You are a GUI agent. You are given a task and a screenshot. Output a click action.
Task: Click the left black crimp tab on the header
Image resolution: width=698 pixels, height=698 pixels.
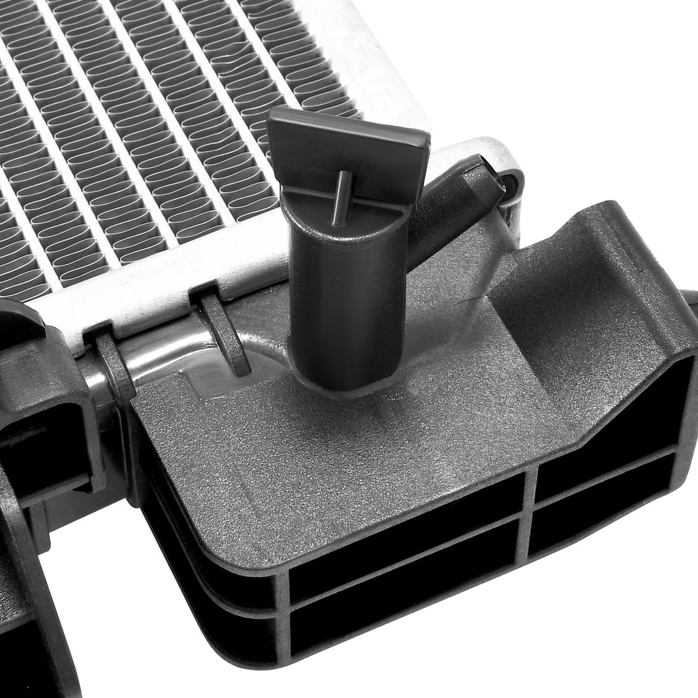113,364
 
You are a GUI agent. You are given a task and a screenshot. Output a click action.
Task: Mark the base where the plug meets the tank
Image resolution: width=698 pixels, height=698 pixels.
345,378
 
